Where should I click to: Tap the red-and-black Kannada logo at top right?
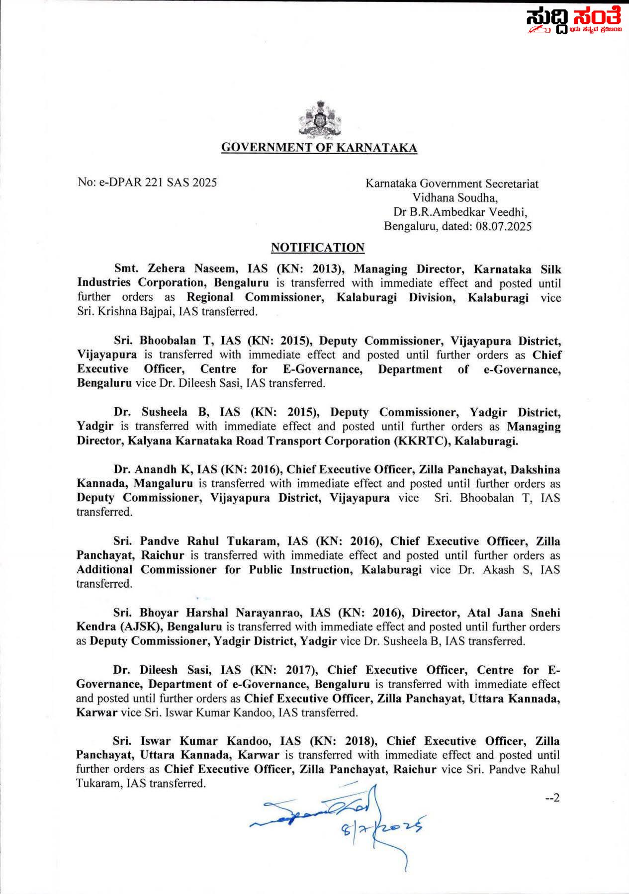pyautogui.click(x=574, y=21)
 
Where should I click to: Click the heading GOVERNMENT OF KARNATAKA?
pyautogui.click(x=319, y=148)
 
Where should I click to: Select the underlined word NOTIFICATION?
pyautogui.click(x=318, y=248)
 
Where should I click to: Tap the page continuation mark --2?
pyautogui.click(x=552, y=798)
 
